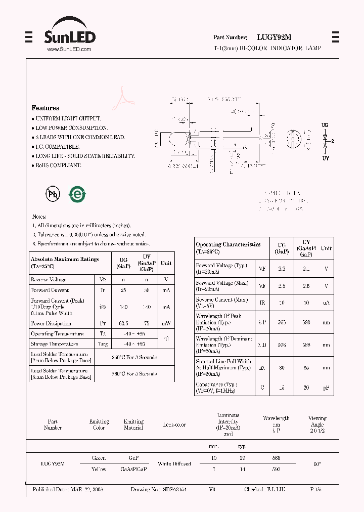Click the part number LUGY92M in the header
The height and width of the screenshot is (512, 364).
click(x=274, y=37)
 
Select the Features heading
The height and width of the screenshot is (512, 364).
click(x=45, y=108)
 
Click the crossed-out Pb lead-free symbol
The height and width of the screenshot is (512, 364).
click(x=53, y=194)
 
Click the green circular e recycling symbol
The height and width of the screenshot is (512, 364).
click(x=77, y=194)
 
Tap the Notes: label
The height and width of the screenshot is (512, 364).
click(x=39, y=216)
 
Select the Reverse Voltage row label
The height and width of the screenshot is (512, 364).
click(x=49, y=279)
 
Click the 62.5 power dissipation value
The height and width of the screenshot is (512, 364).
click(x=123, y=323)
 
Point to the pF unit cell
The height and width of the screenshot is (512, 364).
click(x=326, y=388)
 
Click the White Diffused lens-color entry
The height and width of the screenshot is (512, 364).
click(x=174, y=463)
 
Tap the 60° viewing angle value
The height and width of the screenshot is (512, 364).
click(x=317, y=463)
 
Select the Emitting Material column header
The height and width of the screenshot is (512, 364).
click(x=133, y=424)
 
